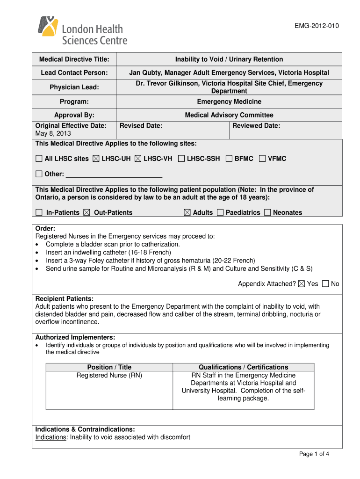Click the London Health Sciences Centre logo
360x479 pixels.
82,30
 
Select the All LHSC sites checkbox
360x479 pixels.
39,159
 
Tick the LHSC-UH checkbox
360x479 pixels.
96,159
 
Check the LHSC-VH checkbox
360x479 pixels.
138,159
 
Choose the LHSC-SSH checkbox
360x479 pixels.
181,159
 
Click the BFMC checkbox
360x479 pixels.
229,159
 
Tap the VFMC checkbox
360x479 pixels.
262,159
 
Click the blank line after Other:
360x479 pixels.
114,174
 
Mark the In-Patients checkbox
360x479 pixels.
39,212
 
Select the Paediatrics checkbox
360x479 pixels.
220,212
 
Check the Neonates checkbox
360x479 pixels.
267,212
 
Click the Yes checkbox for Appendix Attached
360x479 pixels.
301,283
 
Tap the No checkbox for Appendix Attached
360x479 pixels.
325,283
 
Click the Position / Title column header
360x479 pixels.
109,367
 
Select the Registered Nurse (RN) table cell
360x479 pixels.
109,375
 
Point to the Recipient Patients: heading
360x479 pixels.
65,298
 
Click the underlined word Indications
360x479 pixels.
50,437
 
